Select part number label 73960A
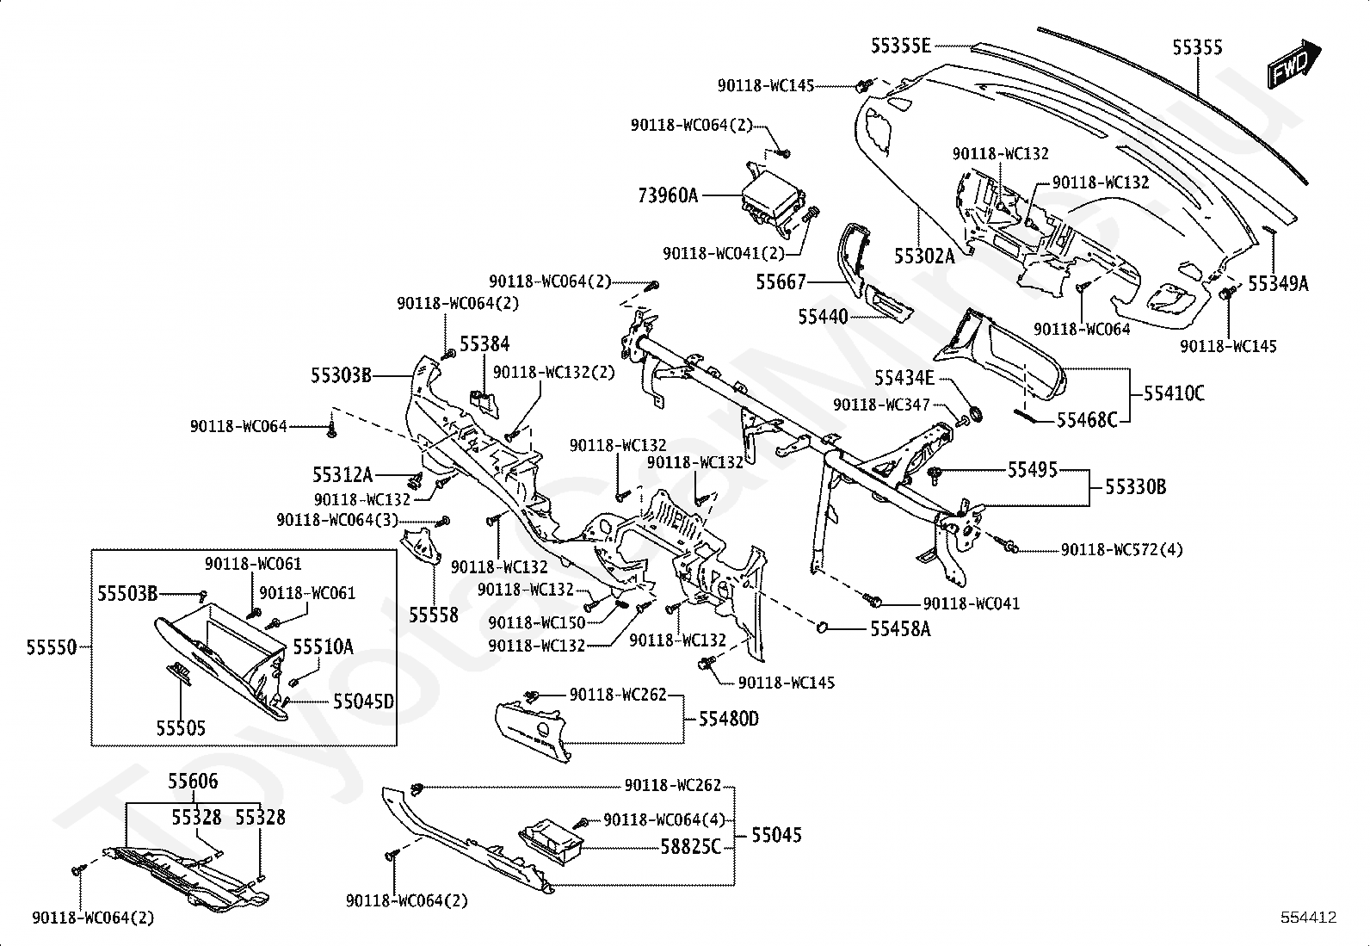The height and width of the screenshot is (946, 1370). tap(668, 195)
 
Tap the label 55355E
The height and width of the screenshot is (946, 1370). tap(900, 46)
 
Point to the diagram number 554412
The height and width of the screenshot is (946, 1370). tap(1307, 918)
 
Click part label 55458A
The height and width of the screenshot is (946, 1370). tap(900, 629)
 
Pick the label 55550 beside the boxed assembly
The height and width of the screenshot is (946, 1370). tap(51, 647)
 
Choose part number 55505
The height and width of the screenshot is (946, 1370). tap(181, 728)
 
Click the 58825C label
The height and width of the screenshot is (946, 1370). tap(690, 847)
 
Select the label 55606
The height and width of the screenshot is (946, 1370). tap(193, 782)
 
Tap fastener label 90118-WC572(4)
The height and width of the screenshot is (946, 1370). tap(1121, 549)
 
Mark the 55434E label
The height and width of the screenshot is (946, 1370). tap(904, 379)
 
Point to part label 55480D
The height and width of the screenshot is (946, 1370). tap(728, 719)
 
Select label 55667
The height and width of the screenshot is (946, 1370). tap(781, 281)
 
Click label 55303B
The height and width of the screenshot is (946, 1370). tap(342, 375)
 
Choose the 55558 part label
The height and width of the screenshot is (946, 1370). tap(433, 615)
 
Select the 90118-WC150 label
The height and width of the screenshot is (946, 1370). tap(536, 622)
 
